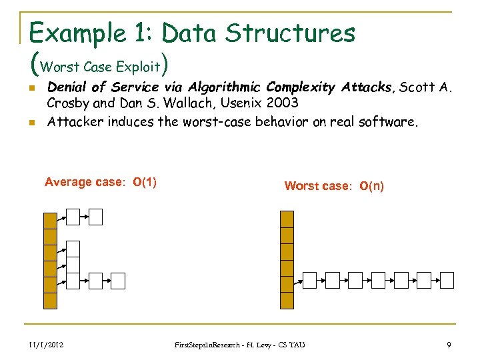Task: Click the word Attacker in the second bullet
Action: point(72,121)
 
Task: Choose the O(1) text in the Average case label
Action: point(145,182)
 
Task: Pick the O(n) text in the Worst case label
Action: point(371,186)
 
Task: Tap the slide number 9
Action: point(449,344)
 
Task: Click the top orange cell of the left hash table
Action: point(50,220)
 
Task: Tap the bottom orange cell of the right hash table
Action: point(287,301)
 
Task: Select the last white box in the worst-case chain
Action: point(445,280)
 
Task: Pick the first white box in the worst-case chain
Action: point(309,280)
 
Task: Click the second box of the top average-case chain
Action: point(95,217)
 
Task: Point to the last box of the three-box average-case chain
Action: point(118,281)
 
